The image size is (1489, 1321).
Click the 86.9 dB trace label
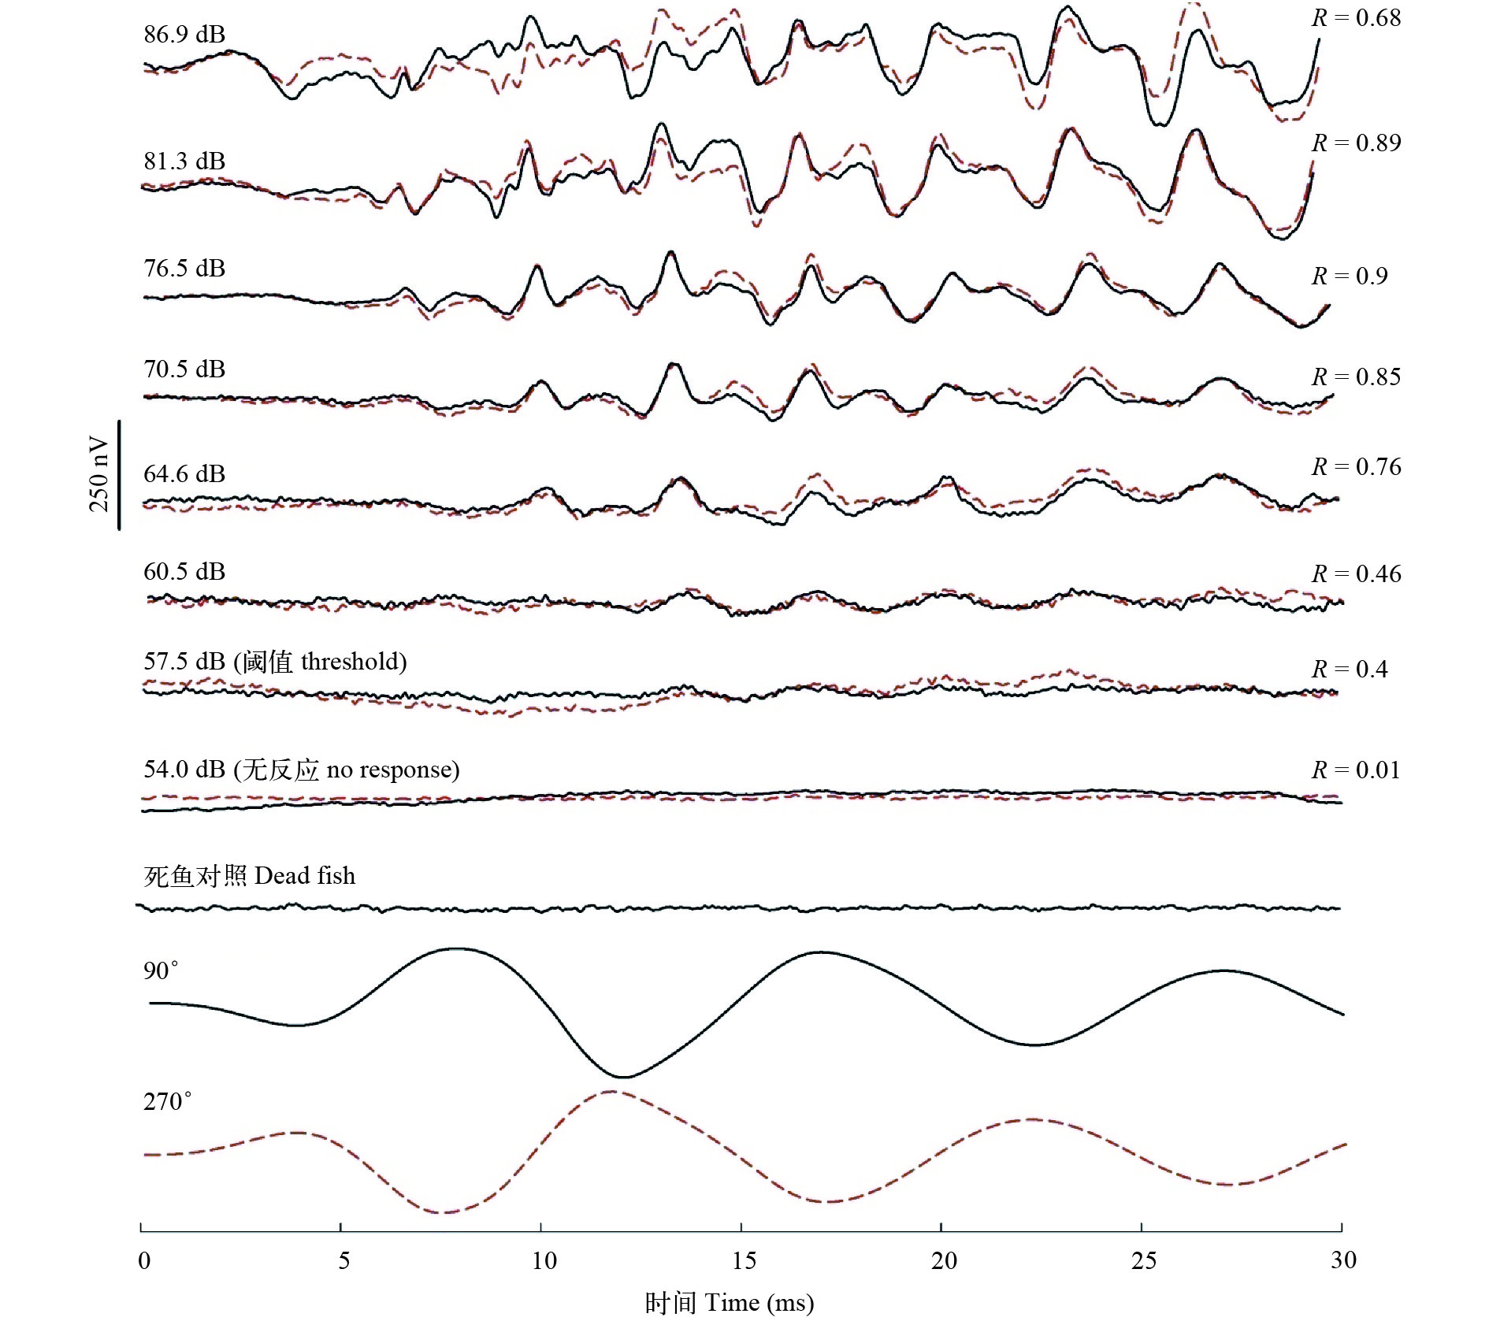pyautogui.click(x=184, y=35)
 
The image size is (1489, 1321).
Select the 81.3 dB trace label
pyautogui.click(x=184, y=161)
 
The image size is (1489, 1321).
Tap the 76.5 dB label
pyautogui.click(x=184, y=269)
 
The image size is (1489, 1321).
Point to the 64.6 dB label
pyautogui.click(x=184, y=474)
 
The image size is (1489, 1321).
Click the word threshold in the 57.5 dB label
pyautogui.click(x=353, y=662)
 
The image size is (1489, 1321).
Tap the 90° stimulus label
pyautogui.click(x=161, y=970)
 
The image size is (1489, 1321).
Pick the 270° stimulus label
pyautogui.click(x=167, y=1101)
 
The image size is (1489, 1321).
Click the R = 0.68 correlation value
pyautogui.click(x=1356, y=18)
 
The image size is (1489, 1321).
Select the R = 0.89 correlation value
pyautogui.click(x=1356, y=143)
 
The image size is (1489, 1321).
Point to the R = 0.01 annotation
pyautogui.click(x=1356, y=770)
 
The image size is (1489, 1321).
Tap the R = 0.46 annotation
pyautogui.click(x=1356, y=574)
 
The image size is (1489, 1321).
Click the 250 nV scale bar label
pyautogui.click(x=98, y=474)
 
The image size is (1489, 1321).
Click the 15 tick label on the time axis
pyautogui.click(x=744, y=1261)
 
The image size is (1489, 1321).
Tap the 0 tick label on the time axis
pyautogui.click(x=144, y=1261)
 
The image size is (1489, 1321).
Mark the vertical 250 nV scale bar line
pyautogui.click(x=119, y=475)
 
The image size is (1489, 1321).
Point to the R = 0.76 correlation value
pyautogui.click(x=1356, y=467)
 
